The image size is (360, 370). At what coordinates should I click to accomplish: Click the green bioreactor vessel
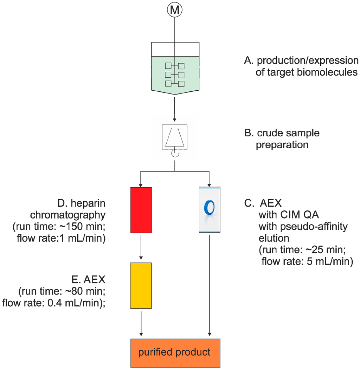click(x=174, y=74)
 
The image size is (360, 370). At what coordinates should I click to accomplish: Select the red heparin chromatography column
click(x=141, y=210)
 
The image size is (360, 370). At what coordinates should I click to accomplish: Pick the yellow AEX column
click(x=141, y=285)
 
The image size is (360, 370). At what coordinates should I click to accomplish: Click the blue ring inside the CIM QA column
click(x=210, y=207)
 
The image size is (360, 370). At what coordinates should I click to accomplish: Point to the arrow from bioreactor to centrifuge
click(x=174, y=111)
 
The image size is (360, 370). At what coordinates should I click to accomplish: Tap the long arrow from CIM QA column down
click(x=210, y=285)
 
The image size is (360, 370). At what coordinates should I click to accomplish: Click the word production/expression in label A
click(x=306, y=60)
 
